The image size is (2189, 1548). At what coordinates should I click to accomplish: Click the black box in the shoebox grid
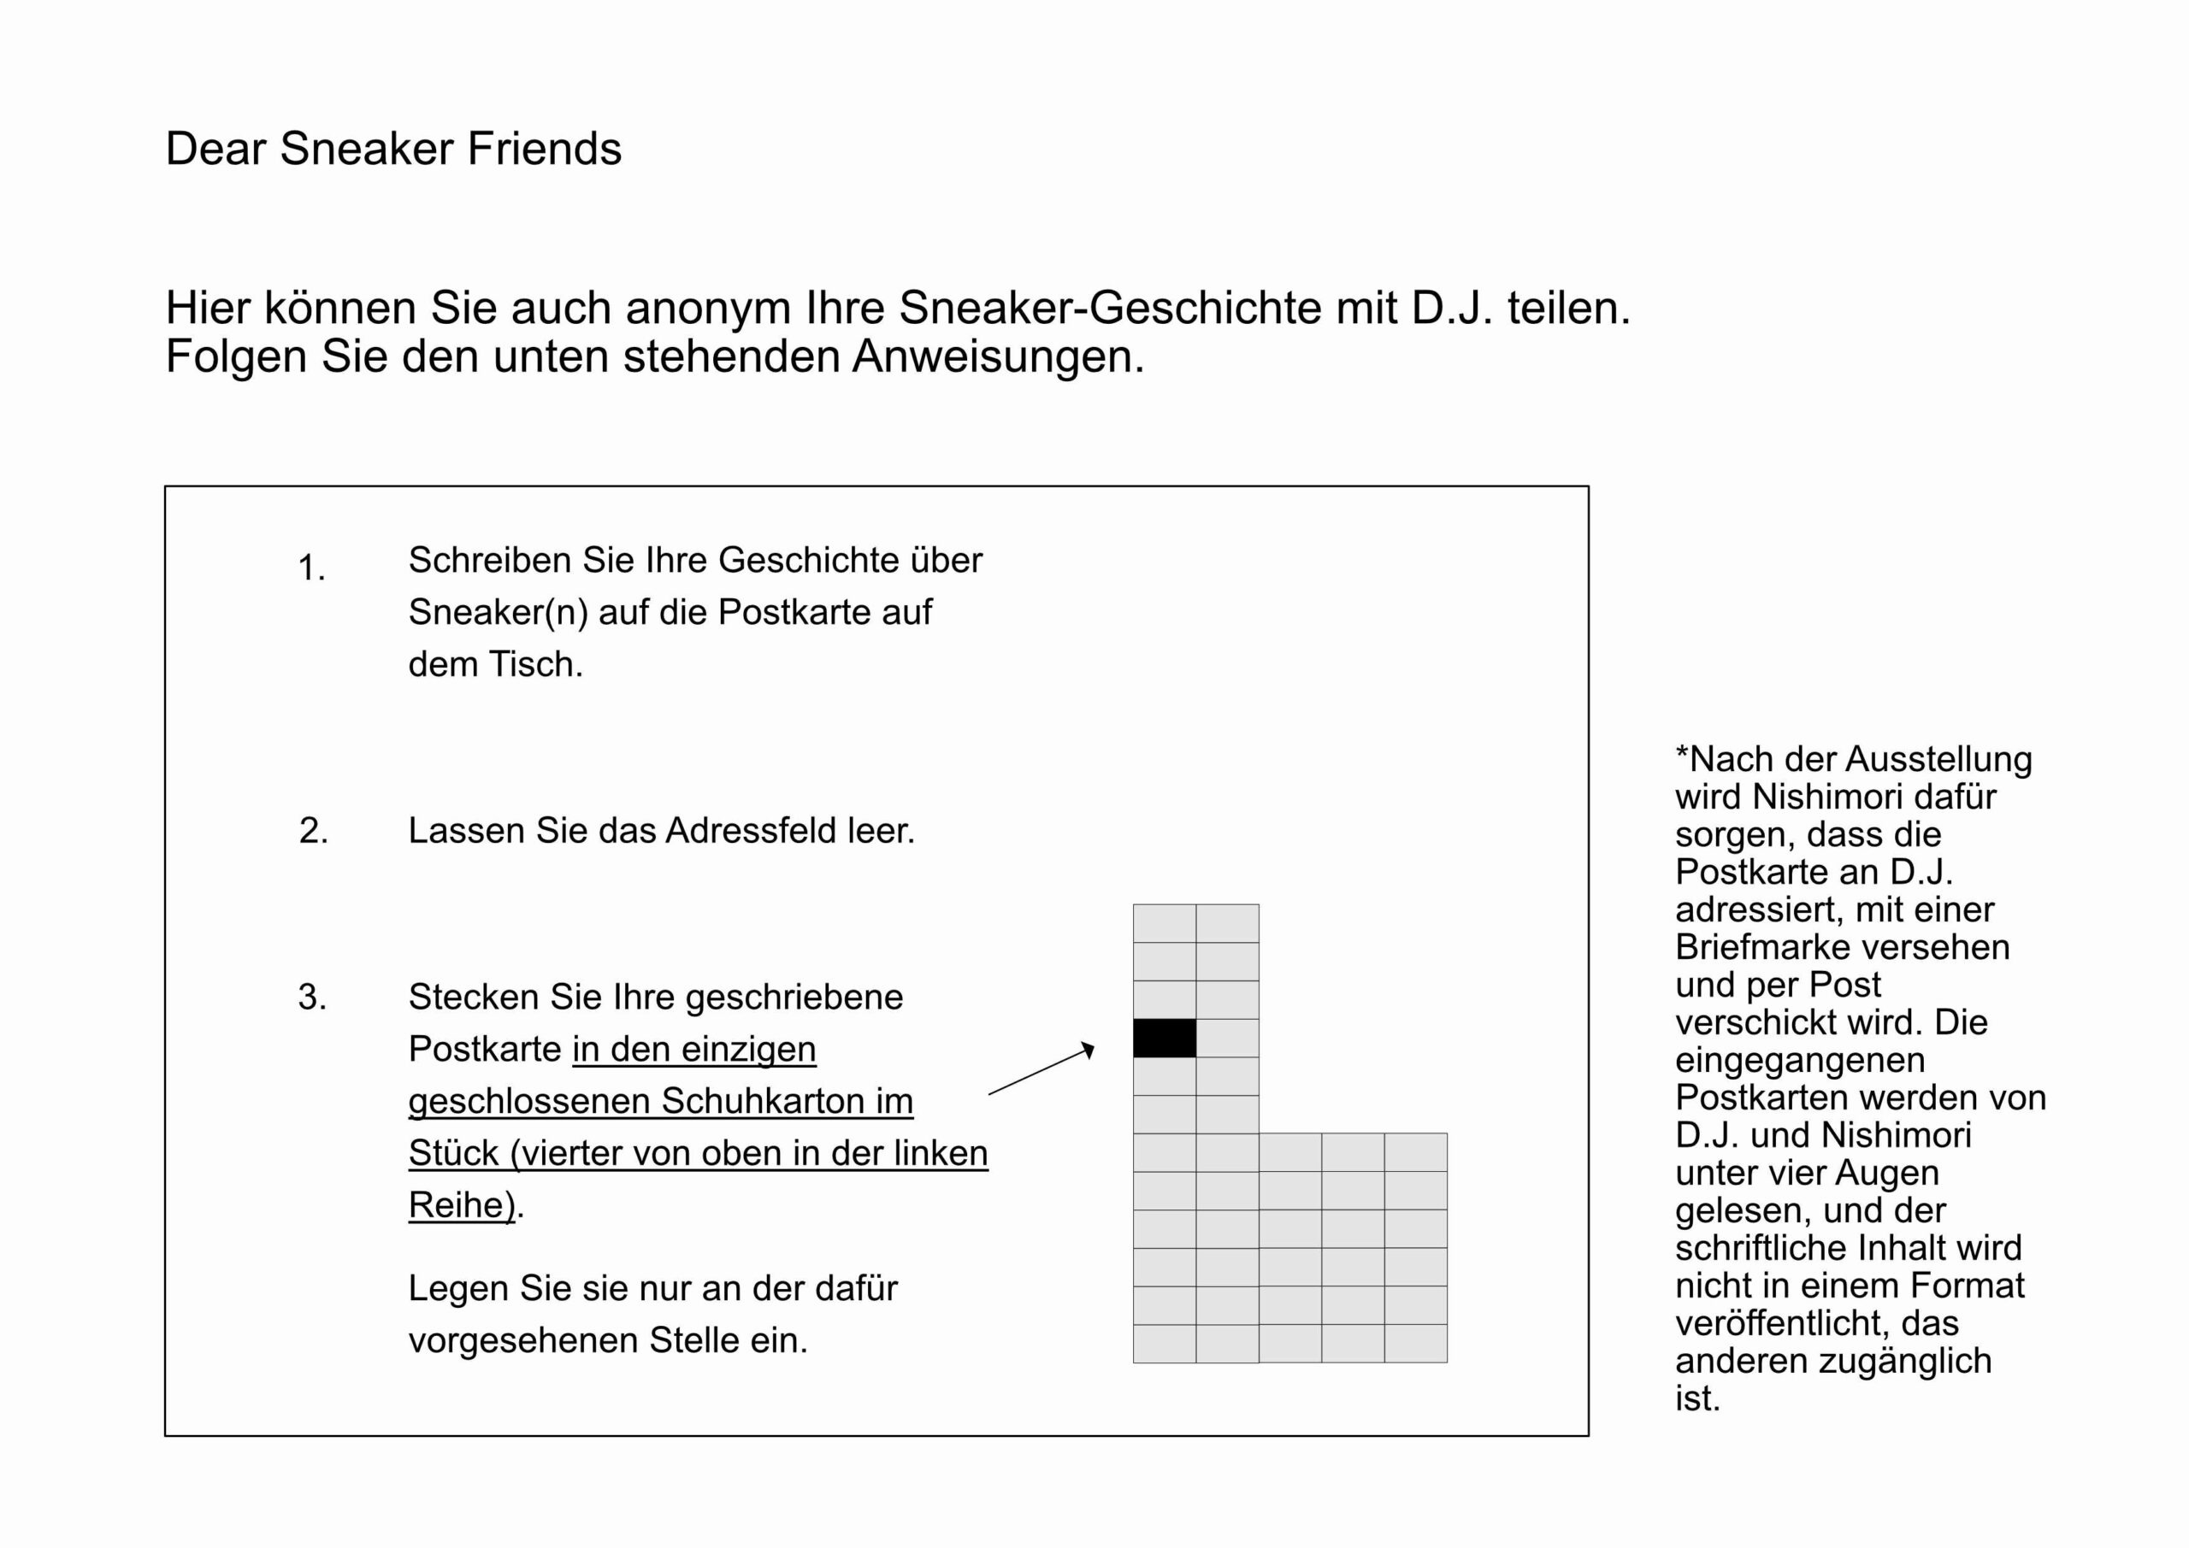1164,1038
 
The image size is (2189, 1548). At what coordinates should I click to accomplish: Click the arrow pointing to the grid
1041,1069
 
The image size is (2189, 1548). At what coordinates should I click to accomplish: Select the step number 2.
313,831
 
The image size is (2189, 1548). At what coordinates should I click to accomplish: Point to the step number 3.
312,997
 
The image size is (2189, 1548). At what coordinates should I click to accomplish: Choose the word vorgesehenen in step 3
522,1340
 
